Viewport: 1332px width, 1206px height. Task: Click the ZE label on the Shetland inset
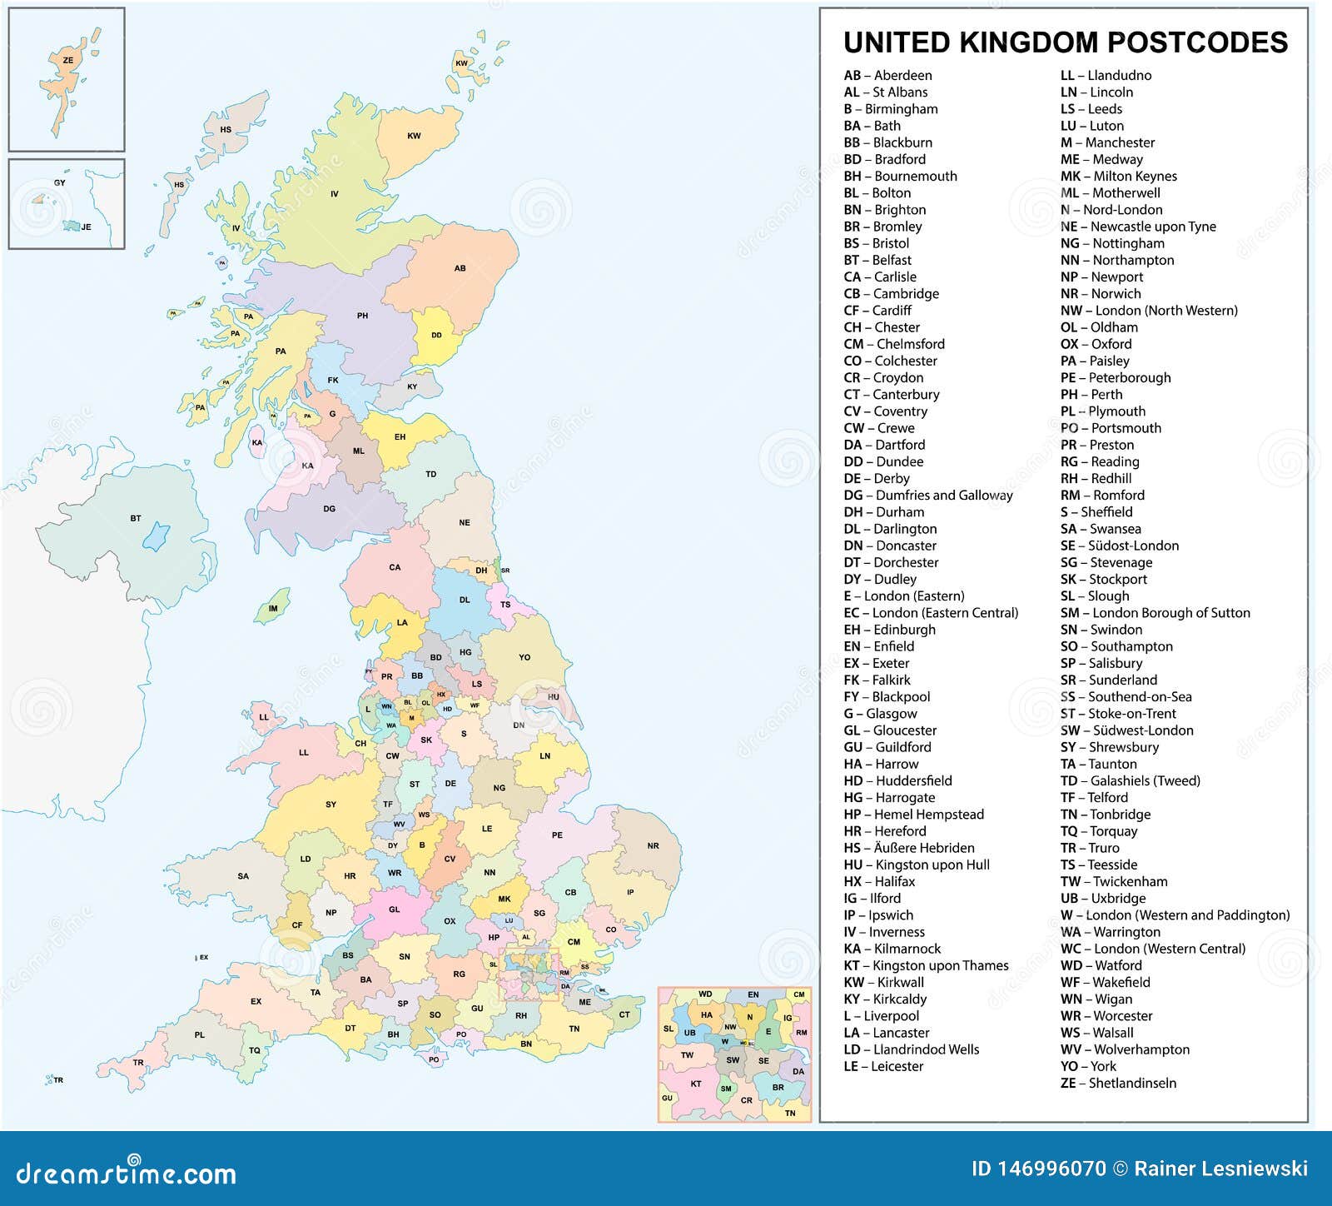point(68,61)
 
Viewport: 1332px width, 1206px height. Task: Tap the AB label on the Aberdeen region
point(460,268)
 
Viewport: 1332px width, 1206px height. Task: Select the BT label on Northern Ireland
point(136,518)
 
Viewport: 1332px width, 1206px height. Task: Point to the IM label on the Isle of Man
point(273,609)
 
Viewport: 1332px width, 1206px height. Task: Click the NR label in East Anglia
point(653,845)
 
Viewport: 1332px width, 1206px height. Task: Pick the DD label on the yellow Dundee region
point(436,336)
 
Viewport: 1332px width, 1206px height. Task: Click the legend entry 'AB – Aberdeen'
point(887,76)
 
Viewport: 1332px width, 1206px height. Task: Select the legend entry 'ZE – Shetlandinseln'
point(1118,1083)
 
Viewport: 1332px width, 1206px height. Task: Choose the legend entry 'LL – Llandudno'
point(1106,76)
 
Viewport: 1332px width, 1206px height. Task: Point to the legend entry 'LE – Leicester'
point(883,1066)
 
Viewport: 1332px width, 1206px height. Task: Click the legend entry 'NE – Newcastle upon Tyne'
point(1138,227)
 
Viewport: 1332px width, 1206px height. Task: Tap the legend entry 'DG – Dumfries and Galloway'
point(928,495)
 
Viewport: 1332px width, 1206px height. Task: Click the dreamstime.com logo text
point(127,1173)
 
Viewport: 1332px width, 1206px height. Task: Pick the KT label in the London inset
point(696,1084)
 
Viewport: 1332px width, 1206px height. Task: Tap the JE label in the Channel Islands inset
point(86,227)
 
